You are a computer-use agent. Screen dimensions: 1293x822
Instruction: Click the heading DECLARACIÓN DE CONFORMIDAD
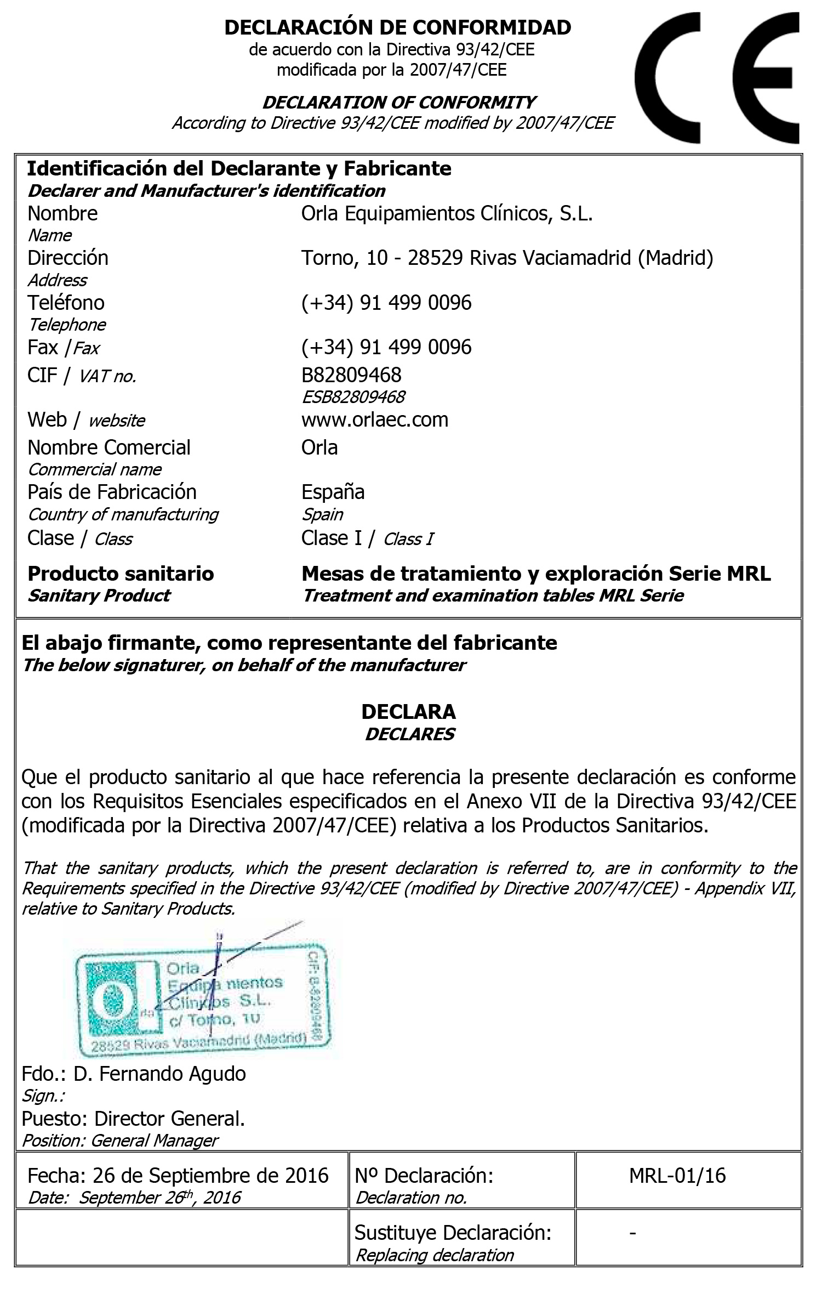click(x=397, y=27)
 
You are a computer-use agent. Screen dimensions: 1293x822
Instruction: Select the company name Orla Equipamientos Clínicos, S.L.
click(x=447, y=213)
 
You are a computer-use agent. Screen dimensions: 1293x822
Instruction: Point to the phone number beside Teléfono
click(x=386, y=303)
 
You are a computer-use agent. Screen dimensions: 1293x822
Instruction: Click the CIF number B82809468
click(x=351, y=375)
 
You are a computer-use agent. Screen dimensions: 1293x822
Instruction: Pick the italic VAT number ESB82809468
click(x=353, y=396)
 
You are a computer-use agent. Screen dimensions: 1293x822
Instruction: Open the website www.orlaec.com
click(x=375, y=419)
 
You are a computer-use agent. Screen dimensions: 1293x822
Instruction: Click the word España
click(x=333, y=492)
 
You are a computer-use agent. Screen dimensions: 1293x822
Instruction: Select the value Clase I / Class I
click(x=367, y=538)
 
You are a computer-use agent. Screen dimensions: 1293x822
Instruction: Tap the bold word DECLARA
click(x=408, y=712)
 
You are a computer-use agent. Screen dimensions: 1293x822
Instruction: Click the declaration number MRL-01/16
click(x=677, y=1176)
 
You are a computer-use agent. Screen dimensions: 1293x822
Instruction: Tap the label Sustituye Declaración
click(x=453, y=1232)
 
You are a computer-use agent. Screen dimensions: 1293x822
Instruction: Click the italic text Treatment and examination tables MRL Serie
click(x=493, y=596)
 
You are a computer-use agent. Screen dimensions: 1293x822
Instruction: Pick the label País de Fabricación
click(x=112, y=492)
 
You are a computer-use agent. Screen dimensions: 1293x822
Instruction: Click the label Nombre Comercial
click(x=109, y=447)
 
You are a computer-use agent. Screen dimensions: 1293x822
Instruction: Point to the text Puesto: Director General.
click(x=133, y=1118)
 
